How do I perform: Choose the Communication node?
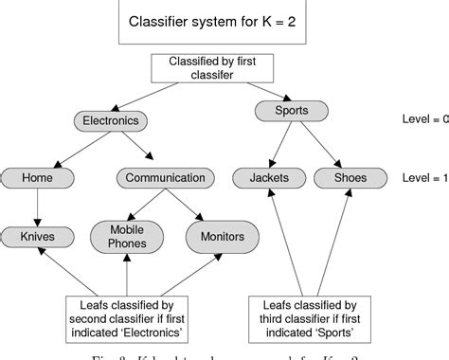(x=164, y=177)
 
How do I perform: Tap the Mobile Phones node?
(x=127, y=236)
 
